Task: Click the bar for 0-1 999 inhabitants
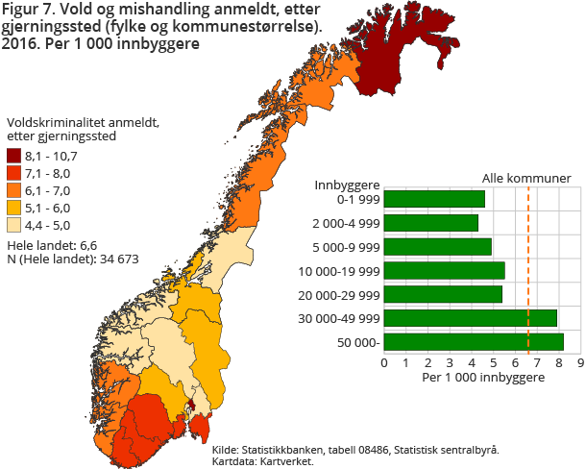(434, 199)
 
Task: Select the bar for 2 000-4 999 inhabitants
(431, 223)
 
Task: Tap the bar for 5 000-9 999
(438, 246)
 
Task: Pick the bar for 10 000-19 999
(444, 270)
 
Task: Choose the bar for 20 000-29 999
(443, 294)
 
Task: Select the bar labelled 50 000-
(474, 341)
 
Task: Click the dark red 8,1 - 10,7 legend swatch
(14, 156)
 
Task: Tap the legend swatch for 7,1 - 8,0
(14, 173)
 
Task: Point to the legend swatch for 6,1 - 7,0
(14, 190)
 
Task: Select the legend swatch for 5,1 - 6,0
(14, 208)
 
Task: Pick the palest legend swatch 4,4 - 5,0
(14, 225)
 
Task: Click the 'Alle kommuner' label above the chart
(526, 178)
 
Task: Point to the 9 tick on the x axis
(580, 363)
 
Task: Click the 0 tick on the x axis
(384, 363)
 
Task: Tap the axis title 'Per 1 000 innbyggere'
(482, 378)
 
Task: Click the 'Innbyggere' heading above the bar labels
(348, 184)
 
